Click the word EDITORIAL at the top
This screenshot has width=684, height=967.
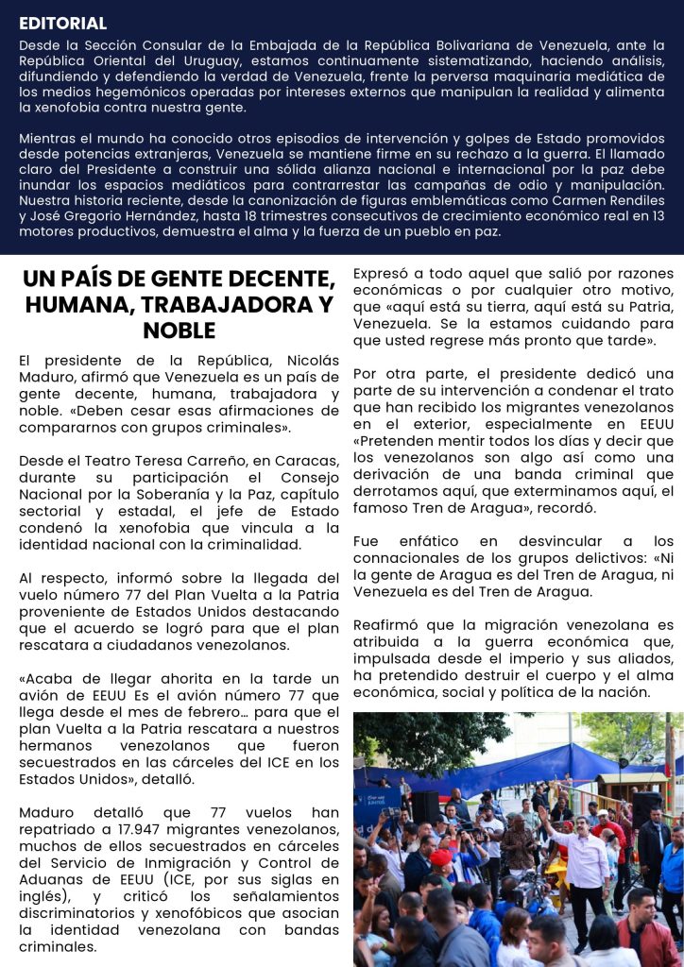62,24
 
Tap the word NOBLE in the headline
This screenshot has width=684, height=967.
179,331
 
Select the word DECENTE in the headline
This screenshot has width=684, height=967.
270,280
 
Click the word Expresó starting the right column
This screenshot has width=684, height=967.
382,274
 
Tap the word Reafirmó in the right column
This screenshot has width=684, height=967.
385,624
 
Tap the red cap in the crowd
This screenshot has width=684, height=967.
441,857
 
